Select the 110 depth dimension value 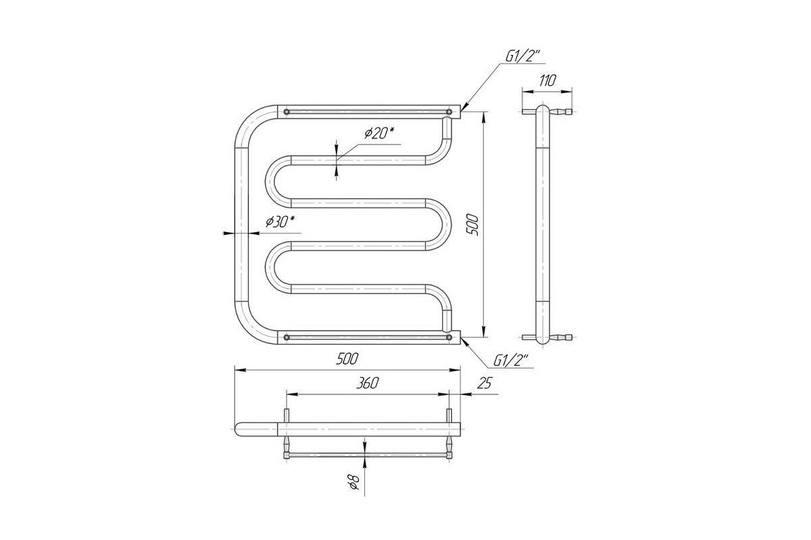tap(547, 80)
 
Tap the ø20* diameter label tap(379, 133)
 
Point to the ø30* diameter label tap(280, 221)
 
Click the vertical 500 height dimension tap(472, 225)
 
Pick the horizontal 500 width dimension tap(347, 359)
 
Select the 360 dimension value tap(367, 383)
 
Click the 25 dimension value tap(485, 383)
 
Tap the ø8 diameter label tap(353, 482)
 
